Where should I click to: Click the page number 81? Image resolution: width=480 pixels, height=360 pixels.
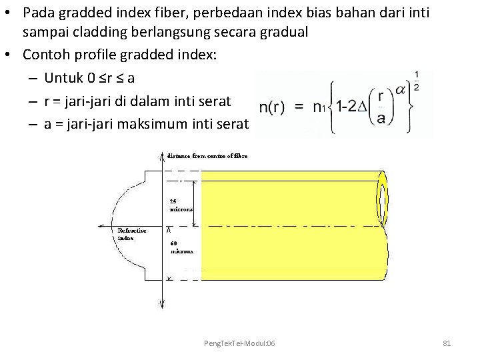[447, 343]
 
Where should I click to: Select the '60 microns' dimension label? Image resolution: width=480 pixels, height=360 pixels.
[181, 248]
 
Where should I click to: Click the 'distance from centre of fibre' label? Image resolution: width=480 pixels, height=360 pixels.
[207, 156]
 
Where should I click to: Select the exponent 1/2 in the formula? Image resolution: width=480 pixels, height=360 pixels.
[416, 79]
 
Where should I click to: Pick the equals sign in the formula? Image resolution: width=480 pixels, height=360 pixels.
[300, 107]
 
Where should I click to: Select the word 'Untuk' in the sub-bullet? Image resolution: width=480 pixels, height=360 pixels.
[64, 78]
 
